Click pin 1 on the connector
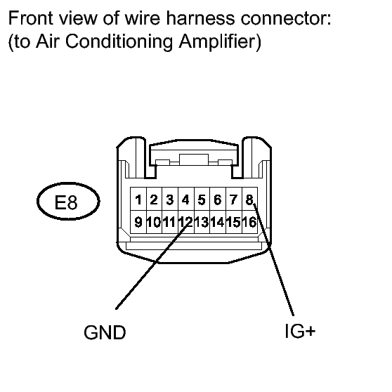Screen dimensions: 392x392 138,199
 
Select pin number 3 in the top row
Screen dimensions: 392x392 170,199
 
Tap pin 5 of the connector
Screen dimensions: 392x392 202,199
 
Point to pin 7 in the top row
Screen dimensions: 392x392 233,199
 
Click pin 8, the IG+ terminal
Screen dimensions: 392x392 249,199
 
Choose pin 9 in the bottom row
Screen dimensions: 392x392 138,222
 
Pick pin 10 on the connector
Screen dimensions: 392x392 154,222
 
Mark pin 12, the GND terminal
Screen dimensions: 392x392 185,222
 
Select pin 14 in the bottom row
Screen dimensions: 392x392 218,222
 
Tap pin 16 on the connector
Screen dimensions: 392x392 249,222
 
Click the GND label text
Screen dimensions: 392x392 105,332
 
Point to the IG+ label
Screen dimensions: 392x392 300,332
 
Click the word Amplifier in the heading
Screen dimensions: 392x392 220,41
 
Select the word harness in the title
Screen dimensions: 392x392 200,18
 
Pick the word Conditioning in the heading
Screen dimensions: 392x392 119,41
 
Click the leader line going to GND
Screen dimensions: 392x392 152,266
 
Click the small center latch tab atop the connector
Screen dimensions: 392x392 194,159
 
